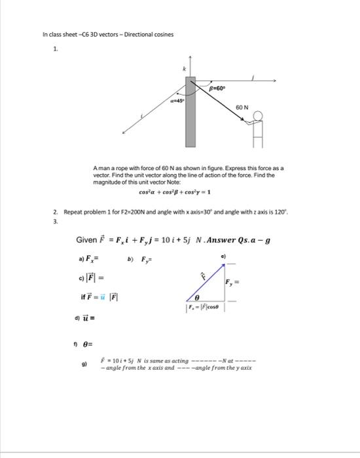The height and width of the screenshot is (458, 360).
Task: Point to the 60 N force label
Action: click(242, 107)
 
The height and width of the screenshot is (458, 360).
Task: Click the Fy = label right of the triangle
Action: click(234, 283)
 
